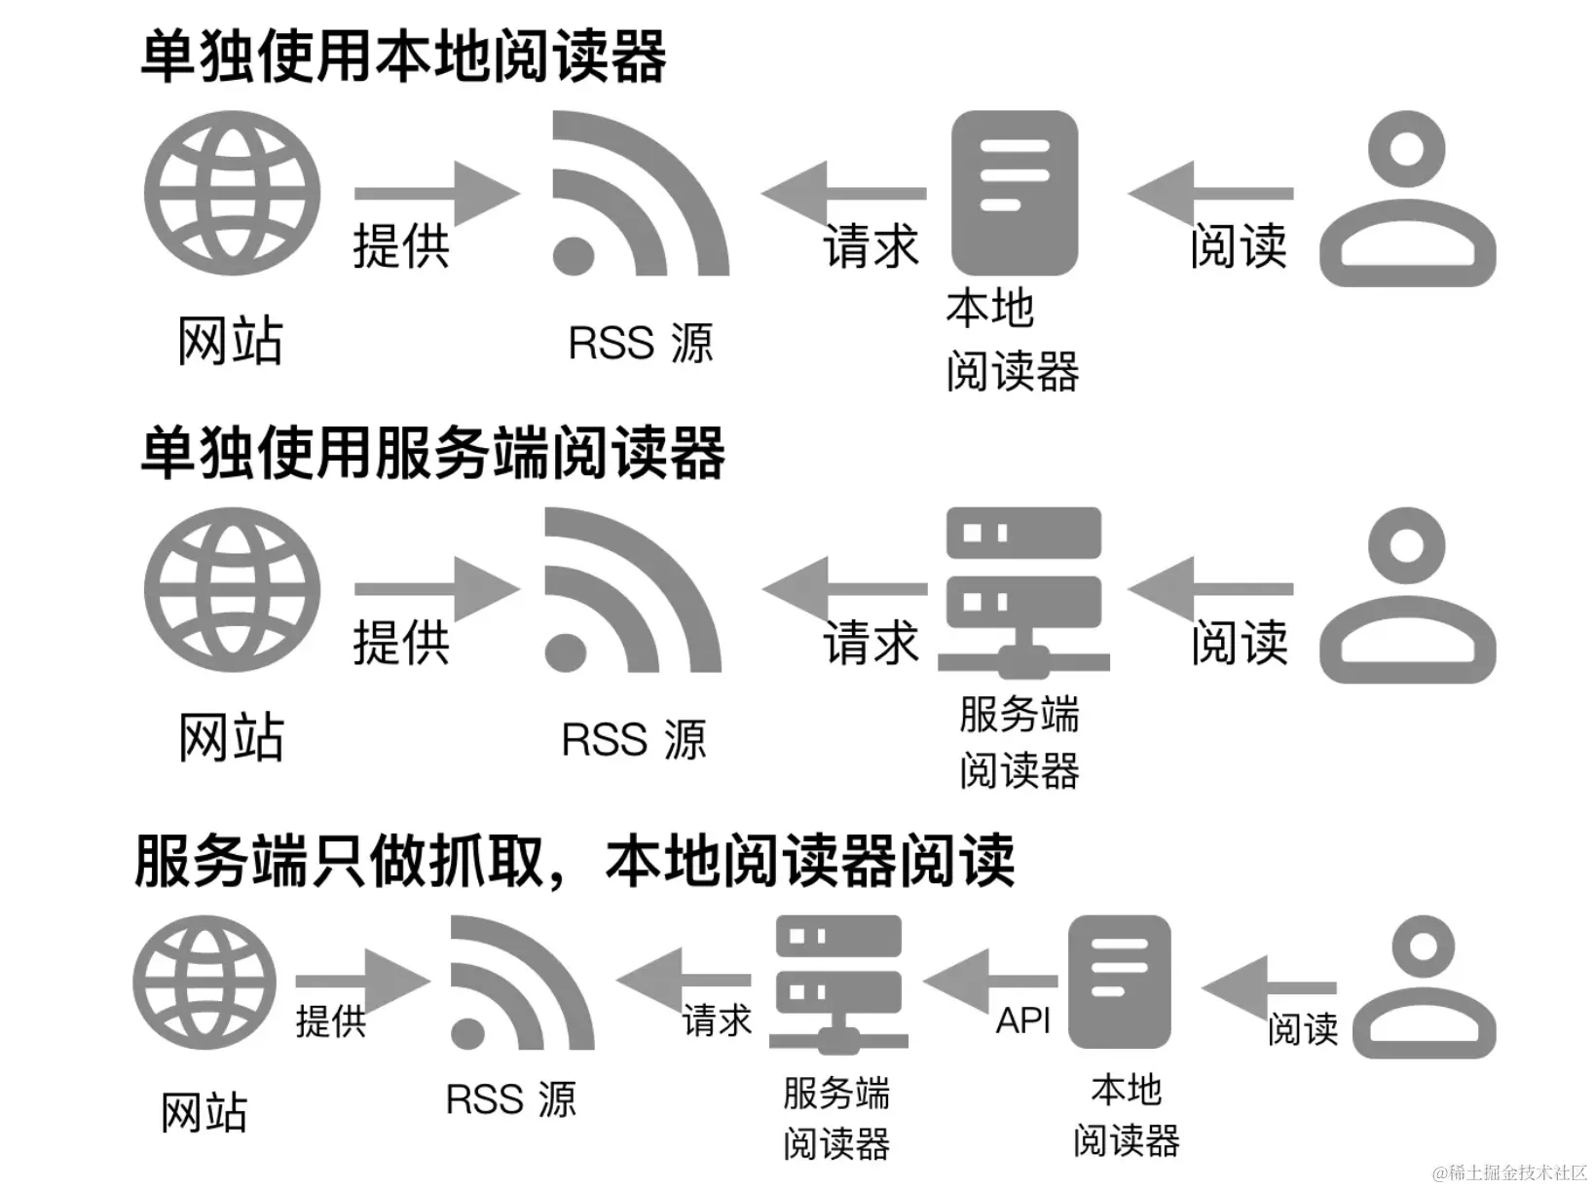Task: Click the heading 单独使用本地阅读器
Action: pos(403,56)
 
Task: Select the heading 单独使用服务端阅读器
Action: pos(432,454)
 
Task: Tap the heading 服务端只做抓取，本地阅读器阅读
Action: pos(575,861)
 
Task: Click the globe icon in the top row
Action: pos(232,193)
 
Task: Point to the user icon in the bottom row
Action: pos(1424,987)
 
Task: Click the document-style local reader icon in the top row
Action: pos(1015,193)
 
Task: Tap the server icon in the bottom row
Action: pos(838,984)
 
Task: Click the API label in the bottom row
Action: pos(1023,1021)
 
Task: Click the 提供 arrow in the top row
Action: pos(436,193)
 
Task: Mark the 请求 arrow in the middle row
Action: pos(843,589)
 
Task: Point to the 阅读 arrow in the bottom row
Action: pos(1268,987)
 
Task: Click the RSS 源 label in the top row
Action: pos(641,344)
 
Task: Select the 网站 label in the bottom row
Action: pos(204,1112)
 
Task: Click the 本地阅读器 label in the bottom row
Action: pos(1127,1115)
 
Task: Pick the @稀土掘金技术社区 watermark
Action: pos(1509,1171)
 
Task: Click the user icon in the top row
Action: pos(1407,199)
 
